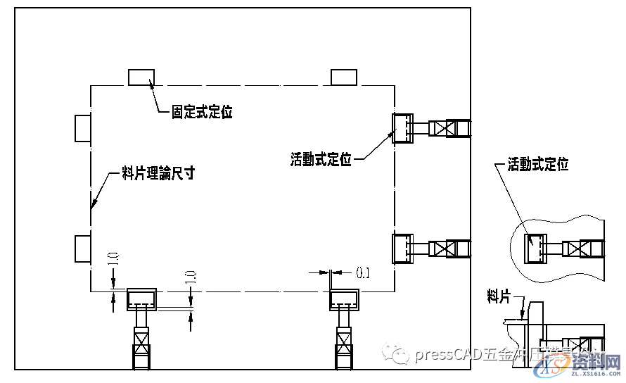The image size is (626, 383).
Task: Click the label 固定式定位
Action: pos(203,111)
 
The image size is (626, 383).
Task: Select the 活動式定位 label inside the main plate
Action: pos(321,159)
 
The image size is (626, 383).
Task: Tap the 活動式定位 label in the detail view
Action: pos(538,164)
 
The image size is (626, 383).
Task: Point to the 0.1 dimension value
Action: pos(363,271)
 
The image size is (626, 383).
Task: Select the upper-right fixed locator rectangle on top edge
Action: pos(343,76)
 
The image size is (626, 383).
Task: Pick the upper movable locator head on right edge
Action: pos(403,128)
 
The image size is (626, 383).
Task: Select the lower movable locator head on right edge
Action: pos(403,248)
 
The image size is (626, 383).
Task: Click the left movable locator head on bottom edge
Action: pos(141,299)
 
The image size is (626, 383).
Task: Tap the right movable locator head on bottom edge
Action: pos(345,299)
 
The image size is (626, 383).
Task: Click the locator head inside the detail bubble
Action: pos(537,249)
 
